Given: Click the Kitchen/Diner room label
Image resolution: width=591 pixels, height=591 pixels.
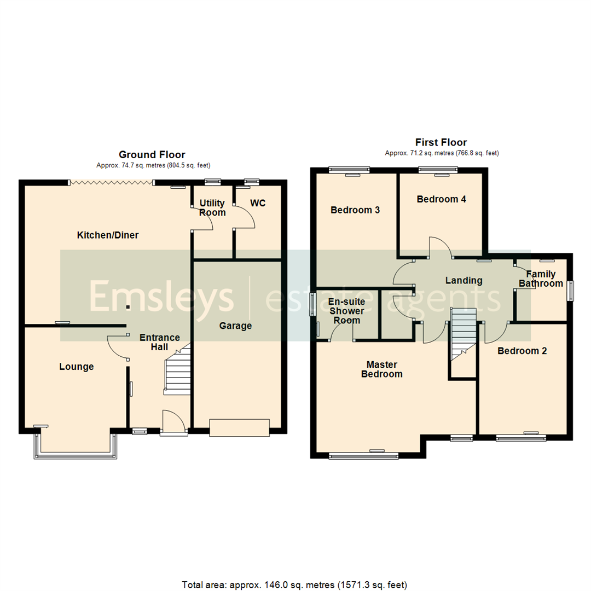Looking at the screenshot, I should tap(108, 235).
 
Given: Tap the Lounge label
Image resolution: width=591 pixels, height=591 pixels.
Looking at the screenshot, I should tap(77, 367).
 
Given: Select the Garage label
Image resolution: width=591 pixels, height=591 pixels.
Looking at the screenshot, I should tap(235, 326).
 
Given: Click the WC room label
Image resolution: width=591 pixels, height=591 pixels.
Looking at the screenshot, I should tap(258, 203).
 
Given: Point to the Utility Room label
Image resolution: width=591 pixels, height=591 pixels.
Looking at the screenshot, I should tap(212, 207).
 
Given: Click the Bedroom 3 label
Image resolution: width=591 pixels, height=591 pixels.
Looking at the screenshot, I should tap(355, 210).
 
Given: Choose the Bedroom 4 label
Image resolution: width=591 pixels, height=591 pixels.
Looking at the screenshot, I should tap(441, 199).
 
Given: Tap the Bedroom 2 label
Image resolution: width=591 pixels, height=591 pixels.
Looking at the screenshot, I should tap(522, 351).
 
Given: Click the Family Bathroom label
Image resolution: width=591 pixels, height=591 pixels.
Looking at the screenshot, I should tap(541, 279).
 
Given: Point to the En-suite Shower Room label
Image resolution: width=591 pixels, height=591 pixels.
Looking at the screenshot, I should tap(347, 311).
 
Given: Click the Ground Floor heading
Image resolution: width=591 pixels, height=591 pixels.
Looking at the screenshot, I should tap(152, 155).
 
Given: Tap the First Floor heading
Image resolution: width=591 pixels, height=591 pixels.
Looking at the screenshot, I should tap(442, 143).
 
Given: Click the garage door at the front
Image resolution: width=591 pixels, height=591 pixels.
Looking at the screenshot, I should tap(240, 428).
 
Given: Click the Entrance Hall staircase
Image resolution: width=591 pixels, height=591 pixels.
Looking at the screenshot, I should tap(178, 372).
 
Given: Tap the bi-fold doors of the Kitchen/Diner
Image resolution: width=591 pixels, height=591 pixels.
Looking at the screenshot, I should tap(111, 182).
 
